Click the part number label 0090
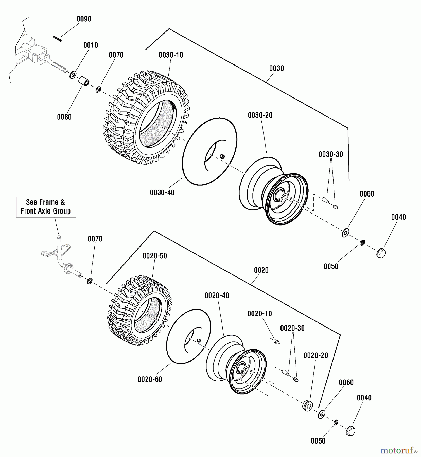84,19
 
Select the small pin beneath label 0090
58,39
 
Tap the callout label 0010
91,45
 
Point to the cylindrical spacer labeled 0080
83,82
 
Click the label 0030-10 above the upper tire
171,55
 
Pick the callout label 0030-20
260,115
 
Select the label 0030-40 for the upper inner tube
162,193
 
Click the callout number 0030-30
331,154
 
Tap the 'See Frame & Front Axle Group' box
46,207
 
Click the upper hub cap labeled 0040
381,253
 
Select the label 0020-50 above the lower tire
155,256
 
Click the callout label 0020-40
217,296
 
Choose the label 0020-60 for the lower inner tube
150,379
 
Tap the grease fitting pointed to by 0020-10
277,342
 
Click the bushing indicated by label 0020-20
308,405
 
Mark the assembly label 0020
261,270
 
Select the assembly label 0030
276,68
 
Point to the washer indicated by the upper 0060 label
345,233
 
